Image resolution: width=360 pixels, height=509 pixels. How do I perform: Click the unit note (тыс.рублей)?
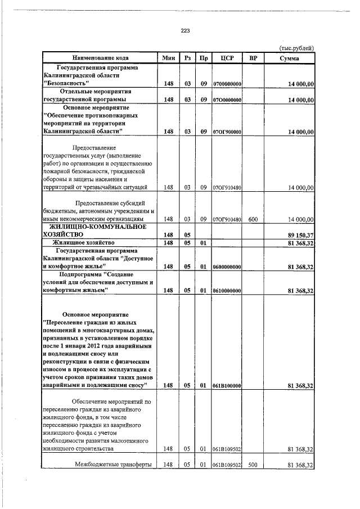pos(296,48)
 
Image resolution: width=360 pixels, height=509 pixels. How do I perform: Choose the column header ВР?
pos(253,58)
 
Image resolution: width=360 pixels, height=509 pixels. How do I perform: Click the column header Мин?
pos(168,58)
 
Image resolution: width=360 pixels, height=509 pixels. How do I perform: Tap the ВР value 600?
pos(253,219)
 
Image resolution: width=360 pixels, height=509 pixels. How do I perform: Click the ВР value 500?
pos(253,465)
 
